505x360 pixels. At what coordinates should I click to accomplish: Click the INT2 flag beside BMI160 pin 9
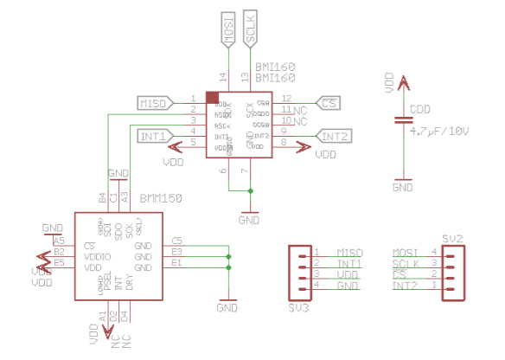334,136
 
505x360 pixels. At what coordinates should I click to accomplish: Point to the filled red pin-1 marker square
211,97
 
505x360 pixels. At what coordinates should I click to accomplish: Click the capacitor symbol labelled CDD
402,119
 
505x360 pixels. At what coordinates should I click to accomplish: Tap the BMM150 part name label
159,198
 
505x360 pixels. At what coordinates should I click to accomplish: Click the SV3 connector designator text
297,307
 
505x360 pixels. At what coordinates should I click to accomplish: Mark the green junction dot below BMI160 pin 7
250,190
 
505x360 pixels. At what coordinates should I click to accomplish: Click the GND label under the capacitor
402,186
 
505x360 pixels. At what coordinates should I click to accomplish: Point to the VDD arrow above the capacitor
402,83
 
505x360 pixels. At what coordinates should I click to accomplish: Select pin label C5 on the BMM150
177,240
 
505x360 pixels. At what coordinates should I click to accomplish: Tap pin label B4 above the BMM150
102,198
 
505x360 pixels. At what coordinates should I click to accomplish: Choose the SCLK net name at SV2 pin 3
407,263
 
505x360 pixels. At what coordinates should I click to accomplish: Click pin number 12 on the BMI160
286,98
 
